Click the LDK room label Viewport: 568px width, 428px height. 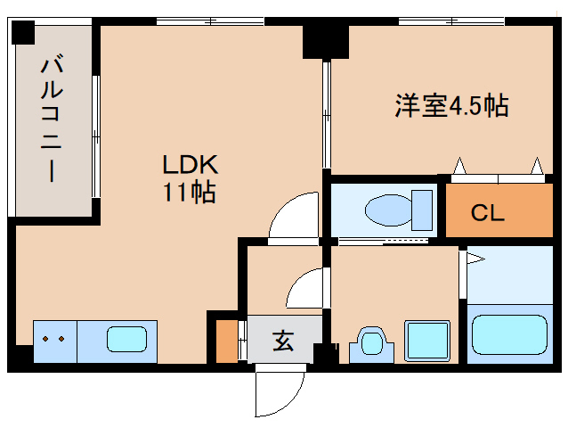(189, 164)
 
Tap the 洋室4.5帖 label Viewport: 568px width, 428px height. (451, 105)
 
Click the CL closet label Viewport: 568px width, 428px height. (488, 213)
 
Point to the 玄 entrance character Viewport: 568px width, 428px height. (282, 340)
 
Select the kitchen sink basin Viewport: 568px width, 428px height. (126, 340)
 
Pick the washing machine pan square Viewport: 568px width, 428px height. (429, 340)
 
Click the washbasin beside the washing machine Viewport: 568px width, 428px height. (369, 342)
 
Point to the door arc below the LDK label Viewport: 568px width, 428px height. (295, 218)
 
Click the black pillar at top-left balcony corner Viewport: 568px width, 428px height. (21, 33)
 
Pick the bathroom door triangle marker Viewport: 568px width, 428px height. (475, 259)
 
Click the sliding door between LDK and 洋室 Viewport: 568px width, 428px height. (327, 116)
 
